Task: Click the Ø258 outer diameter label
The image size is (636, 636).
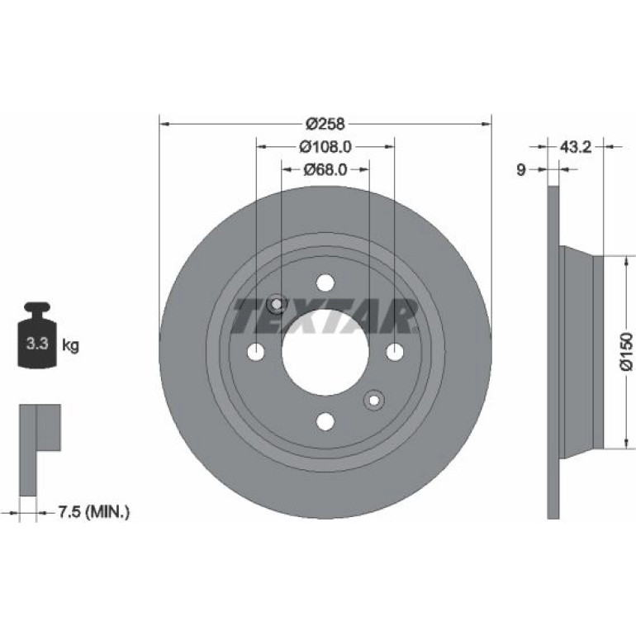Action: point(325,124)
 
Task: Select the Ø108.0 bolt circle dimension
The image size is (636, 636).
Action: point(325,147)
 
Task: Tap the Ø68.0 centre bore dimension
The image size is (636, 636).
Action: point(325,169)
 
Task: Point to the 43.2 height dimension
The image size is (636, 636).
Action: point(576,147)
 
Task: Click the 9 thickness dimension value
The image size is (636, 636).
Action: point(521,169)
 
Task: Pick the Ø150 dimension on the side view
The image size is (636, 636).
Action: point(626,351)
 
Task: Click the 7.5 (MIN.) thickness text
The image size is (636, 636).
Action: point(93,512)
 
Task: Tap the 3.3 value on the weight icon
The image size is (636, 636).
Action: point(37,344)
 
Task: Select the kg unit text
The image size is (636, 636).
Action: point(70,346)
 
